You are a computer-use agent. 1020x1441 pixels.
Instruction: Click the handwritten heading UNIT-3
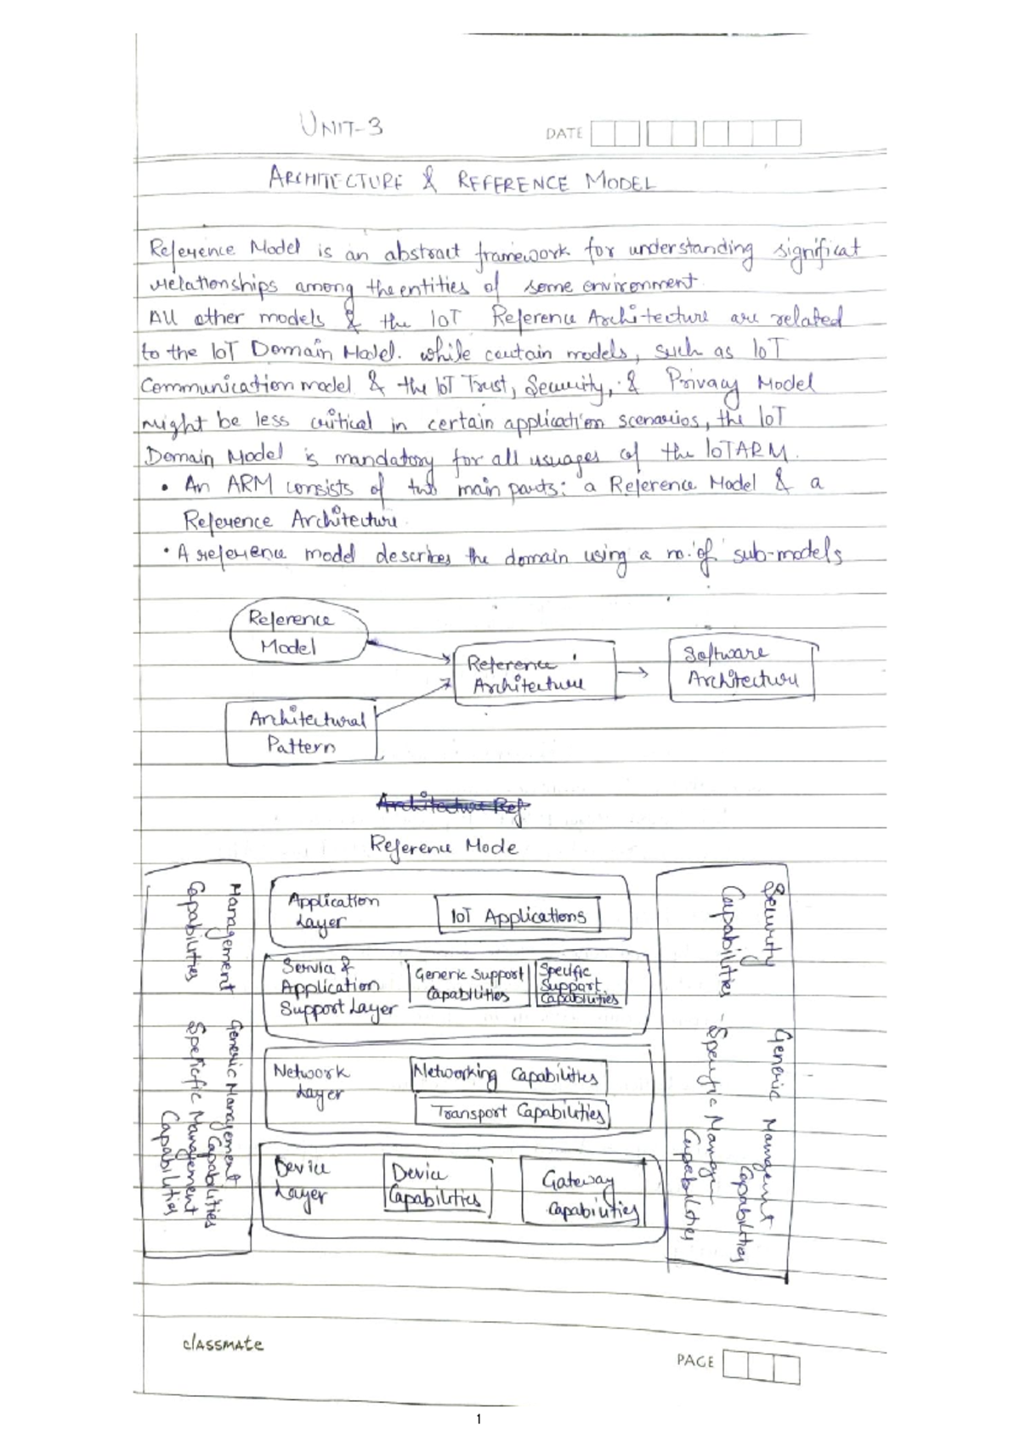click(x=341, y=127)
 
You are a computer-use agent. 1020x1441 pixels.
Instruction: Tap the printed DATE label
click(x=564, y=133)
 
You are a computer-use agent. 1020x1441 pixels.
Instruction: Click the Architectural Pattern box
click(x=301, y=732)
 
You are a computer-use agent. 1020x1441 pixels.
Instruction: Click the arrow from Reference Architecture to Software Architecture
click(x=632, y=673)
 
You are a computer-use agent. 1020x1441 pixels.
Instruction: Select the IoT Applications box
click(x=518, y=916)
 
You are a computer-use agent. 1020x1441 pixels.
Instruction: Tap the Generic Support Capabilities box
click(x=468, y=984)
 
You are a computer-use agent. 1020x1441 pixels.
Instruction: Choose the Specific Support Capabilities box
click(x=580, y=984)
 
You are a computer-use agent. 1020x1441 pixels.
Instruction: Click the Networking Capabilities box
click(x=507, y=1076)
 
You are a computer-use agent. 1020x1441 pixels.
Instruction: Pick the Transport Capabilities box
click(x=513, y=1112)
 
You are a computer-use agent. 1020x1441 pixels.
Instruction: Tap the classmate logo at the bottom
click(x=223, y=1344)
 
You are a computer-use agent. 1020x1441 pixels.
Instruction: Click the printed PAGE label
click(x=694, y=1360)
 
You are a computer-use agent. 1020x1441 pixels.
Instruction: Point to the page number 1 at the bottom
click(x=479, y=1419)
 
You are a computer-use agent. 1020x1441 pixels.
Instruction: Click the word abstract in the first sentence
click(x=422, y=252)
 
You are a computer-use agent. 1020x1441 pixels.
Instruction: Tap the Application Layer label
click(x=330, y=910)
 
